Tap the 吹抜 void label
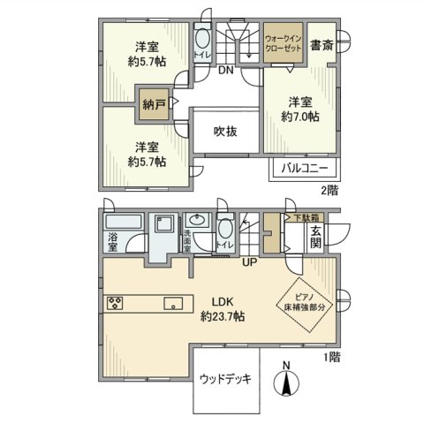tap(225, 131)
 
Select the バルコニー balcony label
tap(305, 167)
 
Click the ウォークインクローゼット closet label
tap(284, 44)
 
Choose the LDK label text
tap(223, 300)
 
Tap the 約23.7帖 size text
tap(222, 316)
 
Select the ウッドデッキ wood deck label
tap(225, 381)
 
